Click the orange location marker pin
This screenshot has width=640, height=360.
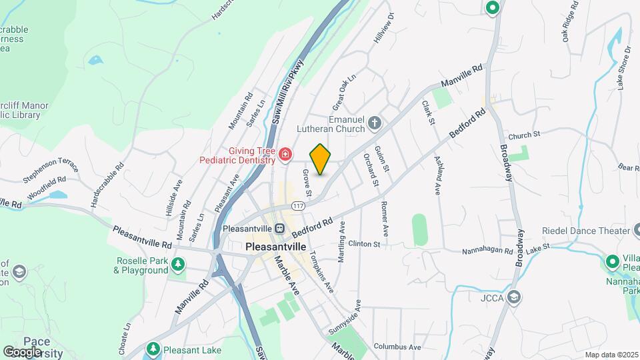(320, 159)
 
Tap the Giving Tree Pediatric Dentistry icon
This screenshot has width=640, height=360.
(285, 155)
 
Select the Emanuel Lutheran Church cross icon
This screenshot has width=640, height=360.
(375, 122)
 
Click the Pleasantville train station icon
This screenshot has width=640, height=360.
(280, 228)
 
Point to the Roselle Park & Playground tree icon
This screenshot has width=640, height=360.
(177, 265)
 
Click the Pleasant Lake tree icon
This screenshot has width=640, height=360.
(153, 349)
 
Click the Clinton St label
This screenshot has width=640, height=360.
(364, 244)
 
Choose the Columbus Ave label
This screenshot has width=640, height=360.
(397, 347)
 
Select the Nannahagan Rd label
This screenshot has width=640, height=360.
(489, 251)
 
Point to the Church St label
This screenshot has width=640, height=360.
(524, 135)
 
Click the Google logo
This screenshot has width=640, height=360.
(22, 351)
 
